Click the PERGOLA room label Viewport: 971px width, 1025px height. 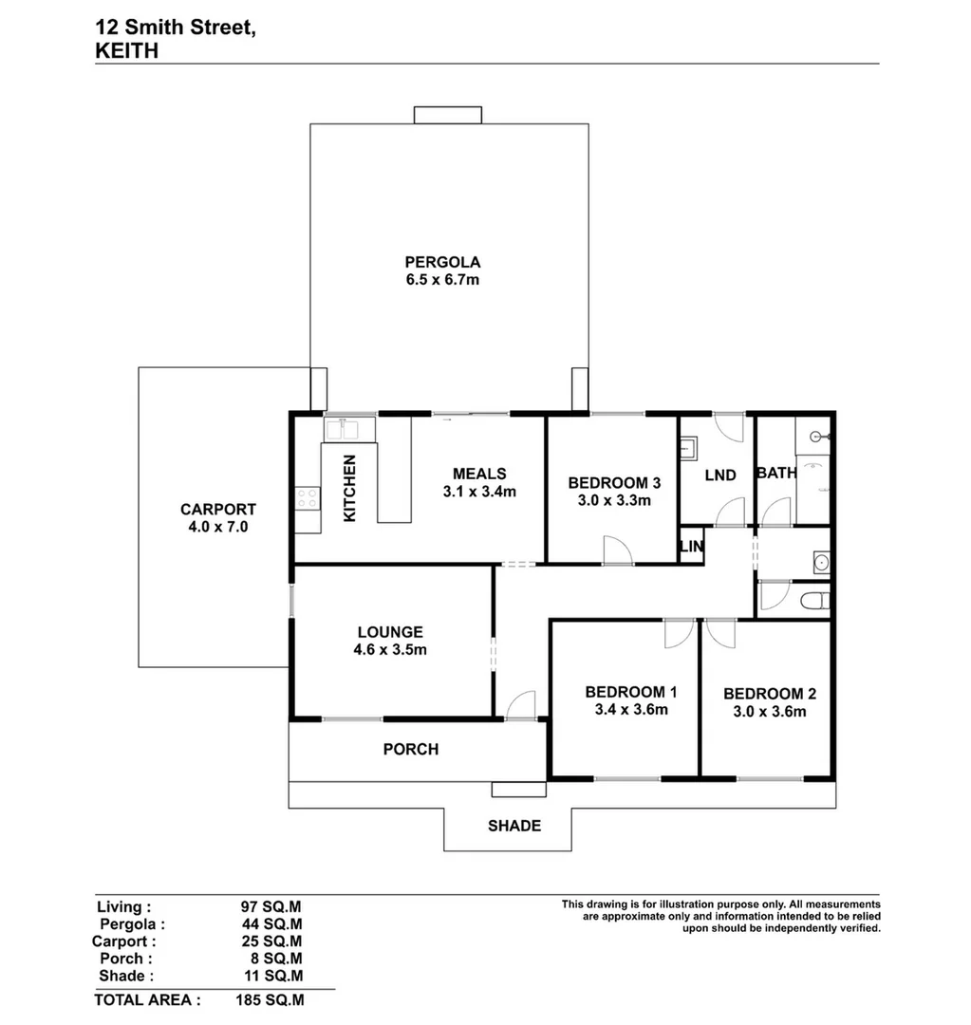(442, 262)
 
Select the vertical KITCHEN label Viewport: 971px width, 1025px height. (349, 488)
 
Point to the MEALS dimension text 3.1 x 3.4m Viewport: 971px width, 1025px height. (478, 492)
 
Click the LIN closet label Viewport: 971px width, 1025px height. (691, 547)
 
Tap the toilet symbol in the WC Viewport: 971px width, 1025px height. (814, 600)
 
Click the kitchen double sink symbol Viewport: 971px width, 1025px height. (341, 429)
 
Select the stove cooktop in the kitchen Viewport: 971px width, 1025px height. (307, 496)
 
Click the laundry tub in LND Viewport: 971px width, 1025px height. (689, 447)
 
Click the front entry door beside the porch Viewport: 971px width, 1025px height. (520, 706)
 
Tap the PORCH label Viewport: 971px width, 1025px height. (410, 750)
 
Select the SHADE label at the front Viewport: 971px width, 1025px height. (514, 826)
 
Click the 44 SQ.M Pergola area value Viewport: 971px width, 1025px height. (273, 924)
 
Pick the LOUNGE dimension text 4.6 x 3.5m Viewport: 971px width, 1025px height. (391, 650)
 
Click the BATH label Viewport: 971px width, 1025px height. (775, 473)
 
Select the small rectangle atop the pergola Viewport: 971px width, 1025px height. (448, 115)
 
